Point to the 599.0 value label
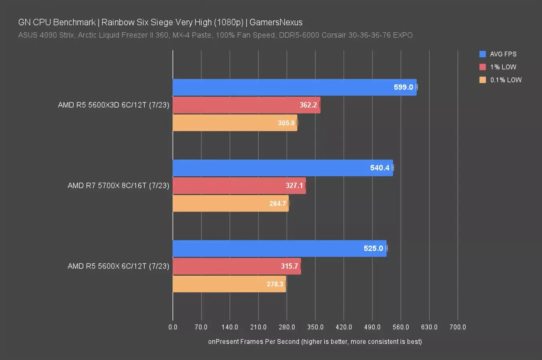[x=403, y=87]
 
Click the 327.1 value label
[x=294, y=186]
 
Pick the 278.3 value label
[x=275, y=284]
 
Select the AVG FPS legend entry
[x=503, y=54]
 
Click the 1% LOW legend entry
[x=503, y=67]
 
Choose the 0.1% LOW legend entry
[x=506, y=80]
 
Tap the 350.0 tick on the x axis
[x=315, y=327]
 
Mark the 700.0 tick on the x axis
[x=458, y=327]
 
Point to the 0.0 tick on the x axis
[x=173, y=327]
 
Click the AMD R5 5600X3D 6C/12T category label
[x=113, y=105]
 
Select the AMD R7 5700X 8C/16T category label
[x=118, y=186]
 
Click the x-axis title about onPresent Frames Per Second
[x=315, y=342]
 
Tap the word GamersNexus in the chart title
[x=276, y=22]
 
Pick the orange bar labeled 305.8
[x=235, y=123]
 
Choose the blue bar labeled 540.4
[x=283, y=168]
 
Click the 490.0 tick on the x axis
[x=372, y=327]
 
